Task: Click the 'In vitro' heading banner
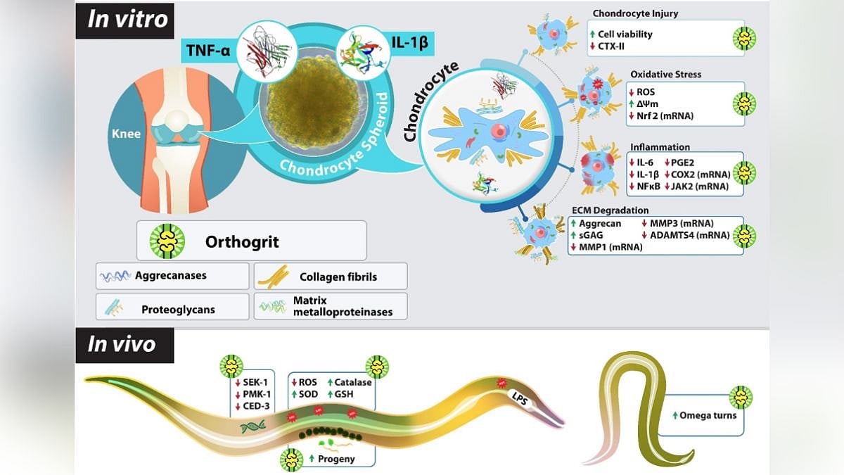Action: point(127,19)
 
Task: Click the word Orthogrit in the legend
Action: point(242,241)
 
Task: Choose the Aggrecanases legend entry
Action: point(171,275)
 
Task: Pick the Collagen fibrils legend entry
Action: point(338,277)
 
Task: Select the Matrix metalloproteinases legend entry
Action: point(343,306)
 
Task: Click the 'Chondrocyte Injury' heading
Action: point(635,13)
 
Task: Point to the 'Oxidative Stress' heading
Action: point(665,74)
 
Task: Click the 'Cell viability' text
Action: point(625,34)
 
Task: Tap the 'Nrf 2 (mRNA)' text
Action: point(665,115)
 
